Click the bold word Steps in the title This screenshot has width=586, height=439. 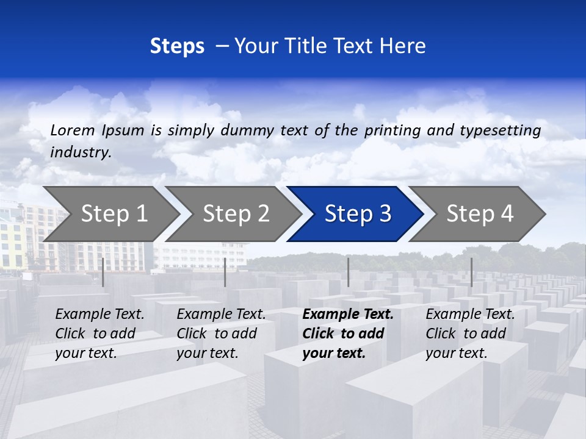(x=177, y=46)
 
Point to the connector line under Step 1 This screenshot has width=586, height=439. (x=103, y=272)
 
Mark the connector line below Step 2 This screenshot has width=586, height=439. (x=225, y=272)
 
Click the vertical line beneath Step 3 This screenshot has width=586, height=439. (x=349, y=272)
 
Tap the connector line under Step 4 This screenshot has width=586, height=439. (x=471, y=272)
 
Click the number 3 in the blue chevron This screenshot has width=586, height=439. (x=385, y=213)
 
